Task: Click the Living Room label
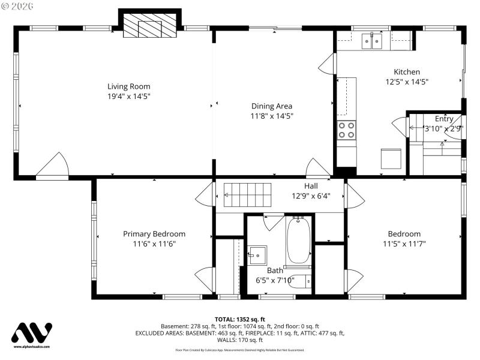point(128,86)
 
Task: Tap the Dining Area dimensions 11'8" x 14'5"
point(272,116)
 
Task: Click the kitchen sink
point(373,41)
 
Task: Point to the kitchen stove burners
point(346,130)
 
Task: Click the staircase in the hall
point(244,191)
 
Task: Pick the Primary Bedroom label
point(154,233)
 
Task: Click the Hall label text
point(310,186)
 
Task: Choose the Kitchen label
point(406,71)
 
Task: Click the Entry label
point(444,119)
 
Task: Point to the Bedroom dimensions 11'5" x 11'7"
point(404,244)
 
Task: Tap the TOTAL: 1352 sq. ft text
point(239,319)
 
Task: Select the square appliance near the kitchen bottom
point(389,158)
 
